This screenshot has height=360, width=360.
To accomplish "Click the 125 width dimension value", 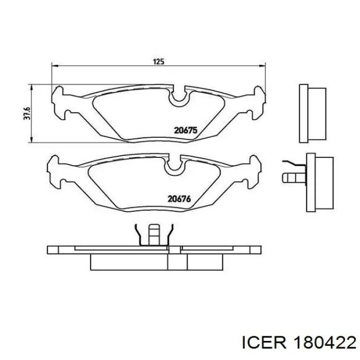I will click(158, 62).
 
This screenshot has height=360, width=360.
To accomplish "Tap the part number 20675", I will click(186, 131).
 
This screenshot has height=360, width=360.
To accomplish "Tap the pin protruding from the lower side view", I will click(291, 178).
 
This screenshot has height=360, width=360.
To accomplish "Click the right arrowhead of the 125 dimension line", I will click(264, 66).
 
